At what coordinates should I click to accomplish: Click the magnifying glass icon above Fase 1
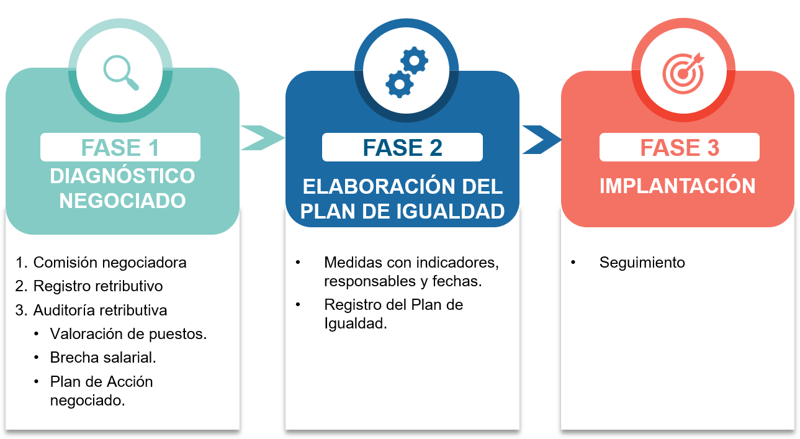point(121,73)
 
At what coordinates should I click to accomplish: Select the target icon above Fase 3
point(683,73)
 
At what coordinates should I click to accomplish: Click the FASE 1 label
point(120,148)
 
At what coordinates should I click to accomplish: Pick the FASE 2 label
point(402,148)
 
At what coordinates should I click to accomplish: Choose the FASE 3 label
point(680,148)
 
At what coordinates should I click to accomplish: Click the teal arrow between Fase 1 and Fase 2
point(261,138)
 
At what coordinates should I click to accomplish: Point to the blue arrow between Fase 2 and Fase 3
point(541,139)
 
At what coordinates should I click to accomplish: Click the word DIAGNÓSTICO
point(122,176)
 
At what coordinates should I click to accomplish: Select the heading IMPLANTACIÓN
point(677,186)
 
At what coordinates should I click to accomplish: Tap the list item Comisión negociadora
point(110,262)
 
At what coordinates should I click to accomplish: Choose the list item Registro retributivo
point(98,286)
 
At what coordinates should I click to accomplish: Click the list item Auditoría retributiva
point(100,310)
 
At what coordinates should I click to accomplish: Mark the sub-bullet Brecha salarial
point(103,358)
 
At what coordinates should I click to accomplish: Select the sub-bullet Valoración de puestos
point(128,333)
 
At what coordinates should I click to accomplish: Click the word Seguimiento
point(642,263)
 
